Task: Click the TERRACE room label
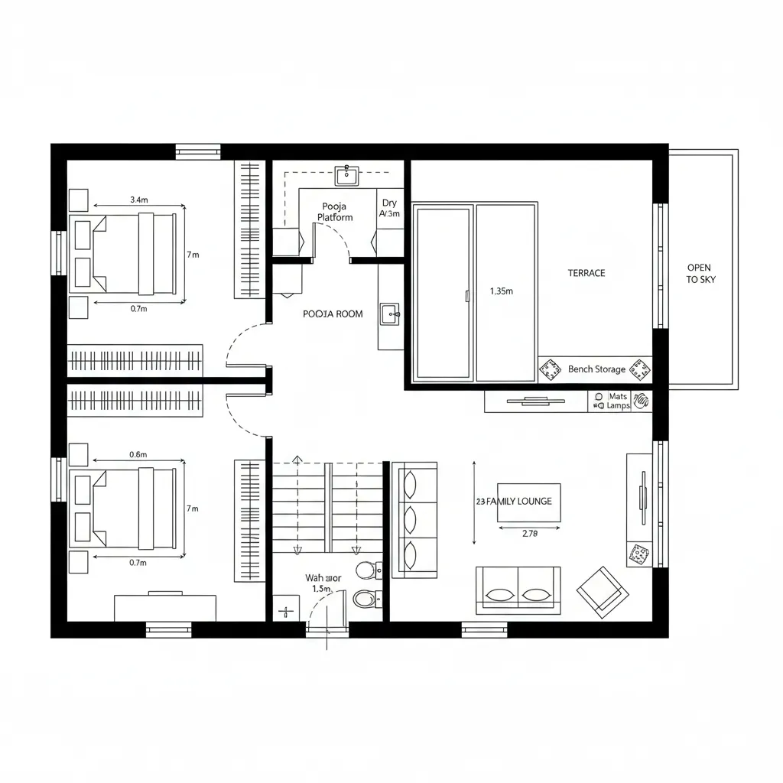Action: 586,273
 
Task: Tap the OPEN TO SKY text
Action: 698,274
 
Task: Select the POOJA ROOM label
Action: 333,314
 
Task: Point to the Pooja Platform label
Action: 335,212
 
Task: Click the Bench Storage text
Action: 596,369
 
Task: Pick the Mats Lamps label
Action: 618,401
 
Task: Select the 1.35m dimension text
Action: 501,291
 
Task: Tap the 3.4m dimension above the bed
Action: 139,200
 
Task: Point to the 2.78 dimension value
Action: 530,534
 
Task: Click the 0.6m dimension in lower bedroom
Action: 138,454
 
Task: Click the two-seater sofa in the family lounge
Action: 518,590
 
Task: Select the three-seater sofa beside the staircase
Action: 414,519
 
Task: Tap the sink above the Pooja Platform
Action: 346,175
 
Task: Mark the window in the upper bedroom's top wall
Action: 198,151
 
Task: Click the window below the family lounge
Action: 484,630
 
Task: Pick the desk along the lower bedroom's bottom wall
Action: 165,607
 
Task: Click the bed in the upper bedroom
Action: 127,254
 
